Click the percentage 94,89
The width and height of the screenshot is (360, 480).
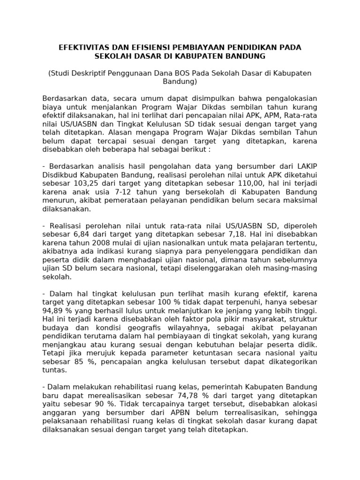pyautogui.click(x=52, y=311)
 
